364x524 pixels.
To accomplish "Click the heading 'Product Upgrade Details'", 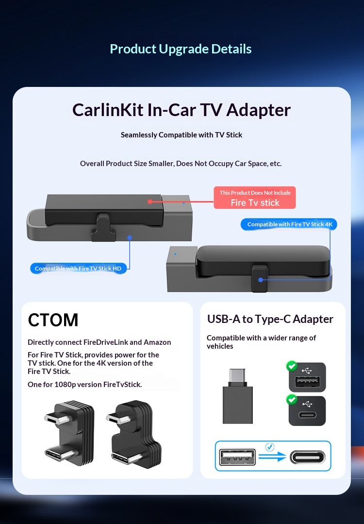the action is [x=181, y=49].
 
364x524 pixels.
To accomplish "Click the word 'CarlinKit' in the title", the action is [x=108, y=110].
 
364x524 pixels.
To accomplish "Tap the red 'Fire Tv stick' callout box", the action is [x=255, y=198].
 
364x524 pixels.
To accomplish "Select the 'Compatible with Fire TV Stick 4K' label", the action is [x=289, y=224].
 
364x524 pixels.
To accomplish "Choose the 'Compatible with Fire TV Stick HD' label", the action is [x=78, y=269].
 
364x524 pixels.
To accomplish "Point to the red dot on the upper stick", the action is [x=150, y=202].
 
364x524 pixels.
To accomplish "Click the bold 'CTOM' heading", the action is [x=53, y=320].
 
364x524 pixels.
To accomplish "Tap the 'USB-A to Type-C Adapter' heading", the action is [x=270, y=319].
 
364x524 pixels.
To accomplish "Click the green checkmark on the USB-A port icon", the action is [x=292, y=366].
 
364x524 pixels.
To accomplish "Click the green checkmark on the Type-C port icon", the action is [x=292, y=399].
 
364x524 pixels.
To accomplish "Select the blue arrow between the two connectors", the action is [x=272, y=456].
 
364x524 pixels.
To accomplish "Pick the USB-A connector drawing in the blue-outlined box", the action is [x=237, y=457].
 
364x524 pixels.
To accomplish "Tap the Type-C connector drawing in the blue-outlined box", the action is [x=307, y=457].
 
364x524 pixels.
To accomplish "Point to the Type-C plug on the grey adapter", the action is [x=237, y=377].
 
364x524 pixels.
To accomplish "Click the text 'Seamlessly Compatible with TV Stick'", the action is [x=182, y=135].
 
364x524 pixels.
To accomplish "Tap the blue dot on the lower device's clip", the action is [x=261, y=280].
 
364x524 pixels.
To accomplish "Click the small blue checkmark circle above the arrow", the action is [x=269, y=447].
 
